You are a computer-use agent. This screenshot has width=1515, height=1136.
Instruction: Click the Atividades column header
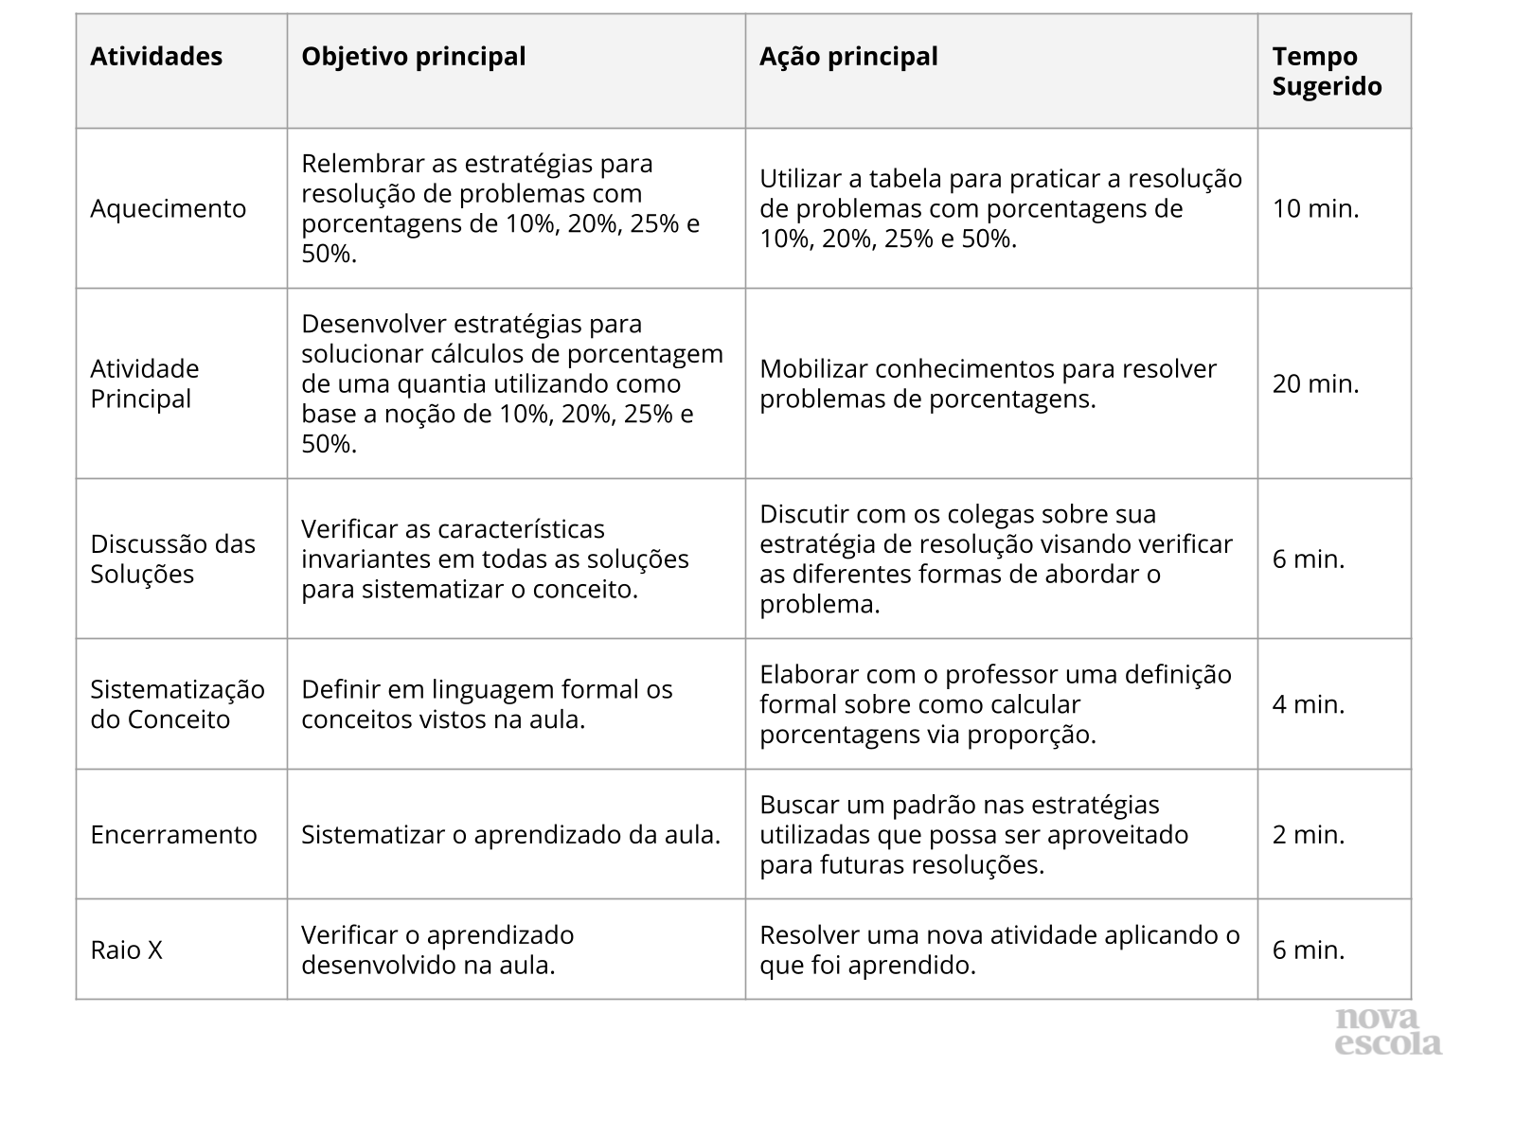tap(156, 57)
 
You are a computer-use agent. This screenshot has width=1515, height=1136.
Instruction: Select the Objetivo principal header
tap(413, 57)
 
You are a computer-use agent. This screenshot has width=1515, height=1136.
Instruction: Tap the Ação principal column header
tap(848, 57)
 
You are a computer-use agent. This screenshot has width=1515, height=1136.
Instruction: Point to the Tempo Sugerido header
tap(1327, 71)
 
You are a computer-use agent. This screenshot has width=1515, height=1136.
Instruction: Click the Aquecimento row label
tap(168, 208)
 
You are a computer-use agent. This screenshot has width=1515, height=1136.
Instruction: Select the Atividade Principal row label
tap(145, 383)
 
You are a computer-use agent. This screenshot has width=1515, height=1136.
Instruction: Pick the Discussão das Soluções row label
tap(172, 559)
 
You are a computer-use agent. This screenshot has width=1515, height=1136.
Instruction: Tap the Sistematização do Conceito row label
tap(177, 704)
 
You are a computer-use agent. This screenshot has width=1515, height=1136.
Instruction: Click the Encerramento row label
tap(173, 834)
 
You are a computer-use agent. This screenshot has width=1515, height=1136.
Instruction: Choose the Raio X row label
tap(126, 950)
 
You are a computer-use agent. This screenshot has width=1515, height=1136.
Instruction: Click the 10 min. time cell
tap(1315, 208)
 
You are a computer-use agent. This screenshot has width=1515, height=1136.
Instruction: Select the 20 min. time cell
tap(1315, 383)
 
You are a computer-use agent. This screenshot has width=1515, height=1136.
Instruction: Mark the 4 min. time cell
tap(1308, 704)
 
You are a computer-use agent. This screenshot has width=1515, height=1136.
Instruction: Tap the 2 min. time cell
tap(1308, 834)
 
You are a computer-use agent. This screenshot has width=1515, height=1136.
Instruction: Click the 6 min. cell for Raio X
tap(1308, 950)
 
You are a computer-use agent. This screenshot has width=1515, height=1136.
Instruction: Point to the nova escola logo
tap(1387, 1032)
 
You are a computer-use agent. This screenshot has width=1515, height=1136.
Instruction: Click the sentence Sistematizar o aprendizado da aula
tap(510, 834)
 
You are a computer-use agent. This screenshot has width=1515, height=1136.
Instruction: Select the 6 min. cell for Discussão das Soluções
tap(1308, 559)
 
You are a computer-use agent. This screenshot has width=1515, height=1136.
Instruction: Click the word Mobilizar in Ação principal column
tap(813, 368)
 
